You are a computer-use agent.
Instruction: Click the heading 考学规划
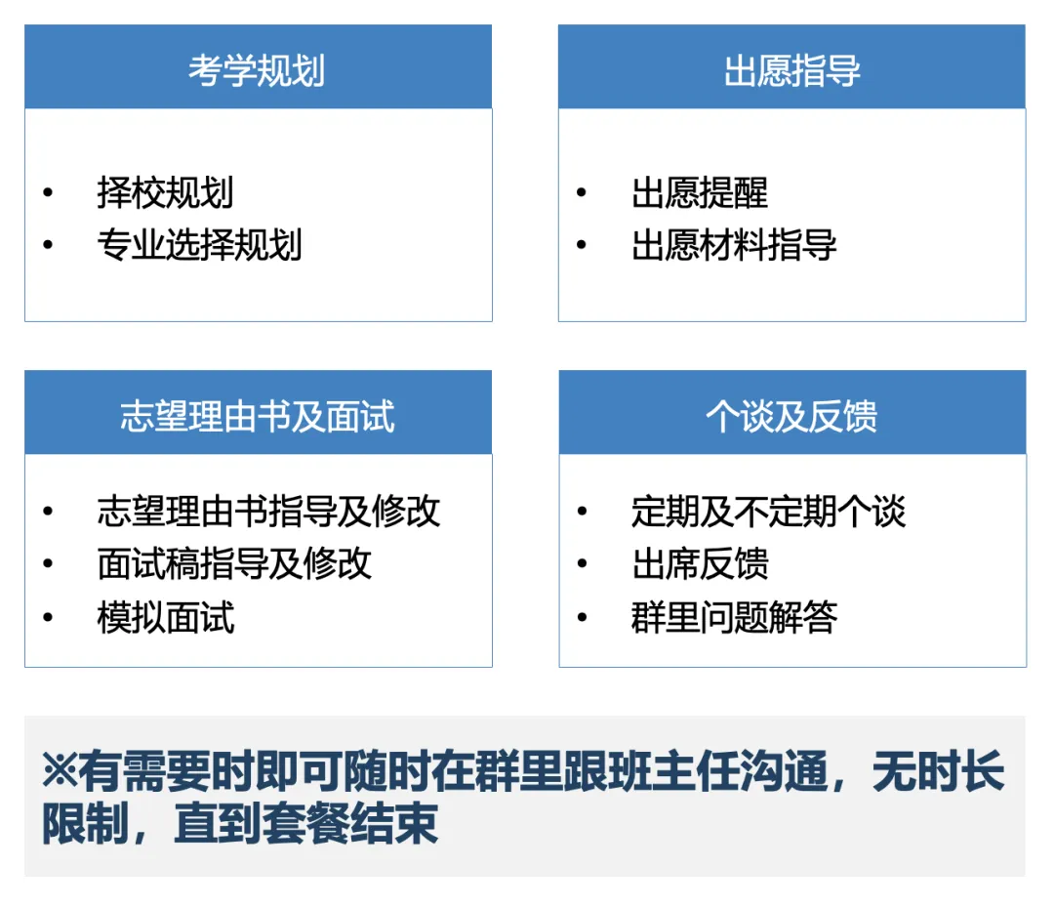coord(257,71)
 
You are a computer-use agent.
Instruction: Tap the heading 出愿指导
coord(791,71)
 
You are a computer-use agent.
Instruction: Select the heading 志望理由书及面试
coord(258,416)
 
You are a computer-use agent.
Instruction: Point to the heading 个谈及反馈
coord(791,416)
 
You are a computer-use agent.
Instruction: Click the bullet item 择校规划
coord(165,192)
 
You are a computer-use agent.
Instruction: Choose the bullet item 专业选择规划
coord(199,244)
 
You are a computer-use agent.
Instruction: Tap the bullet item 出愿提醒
coord(700,192)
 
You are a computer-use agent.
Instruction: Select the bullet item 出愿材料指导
coord(734,244)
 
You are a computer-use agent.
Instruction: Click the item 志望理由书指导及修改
coord(268,511)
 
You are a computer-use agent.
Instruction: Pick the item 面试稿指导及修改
coord(234,563)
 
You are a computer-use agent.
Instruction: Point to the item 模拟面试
coord(166,617)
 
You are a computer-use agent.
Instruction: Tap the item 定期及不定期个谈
coord(768,511)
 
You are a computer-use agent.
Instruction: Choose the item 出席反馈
coord(700,563)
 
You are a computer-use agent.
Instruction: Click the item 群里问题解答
coord(734,617)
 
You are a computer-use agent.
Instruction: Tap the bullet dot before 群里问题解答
coord(583,617)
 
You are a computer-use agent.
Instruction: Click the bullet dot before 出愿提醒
coord(583,192)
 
